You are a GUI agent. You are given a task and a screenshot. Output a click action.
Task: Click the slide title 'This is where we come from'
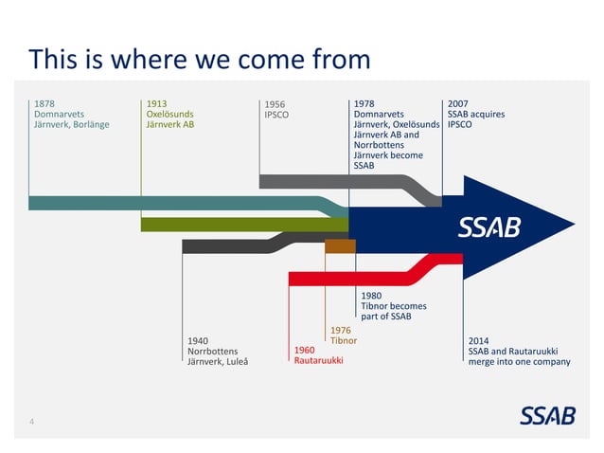pos(199,60)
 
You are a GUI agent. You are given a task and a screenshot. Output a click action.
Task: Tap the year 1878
pos(44,103)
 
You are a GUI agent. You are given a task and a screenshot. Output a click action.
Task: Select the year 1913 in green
pos(157,103)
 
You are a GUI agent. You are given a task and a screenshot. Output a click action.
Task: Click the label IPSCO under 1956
pos(276,116)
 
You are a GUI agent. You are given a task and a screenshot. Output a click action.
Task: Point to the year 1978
pos(364,103)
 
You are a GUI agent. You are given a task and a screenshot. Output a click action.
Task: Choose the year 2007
pos(458,103)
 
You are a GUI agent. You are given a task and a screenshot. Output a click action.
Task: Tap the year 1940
pos(199,339)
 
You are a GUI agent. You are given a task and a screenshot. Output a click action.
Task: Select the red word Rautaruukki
pos(318,361)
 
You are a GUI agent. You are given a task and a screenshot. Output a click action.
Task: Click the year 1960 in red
pos(305,350)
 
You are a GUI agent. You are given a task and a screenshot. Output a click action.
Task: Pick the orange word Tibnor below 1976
pos(343,340)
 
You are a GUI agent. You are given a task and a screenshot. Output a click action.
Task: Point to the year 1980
pos(371,295)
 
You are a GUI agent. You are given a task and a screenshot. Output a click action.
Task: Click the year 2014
pos(480,339)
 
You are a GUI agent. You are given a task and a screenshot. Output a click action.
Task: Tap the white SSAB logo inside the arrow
pos(489,227)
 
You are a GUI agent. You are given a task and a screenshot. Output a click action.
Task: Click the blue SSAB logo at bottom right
pos(546,416)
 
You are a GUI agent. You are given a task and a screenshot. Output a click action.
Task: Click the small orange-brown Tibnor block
pos(340,246)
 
